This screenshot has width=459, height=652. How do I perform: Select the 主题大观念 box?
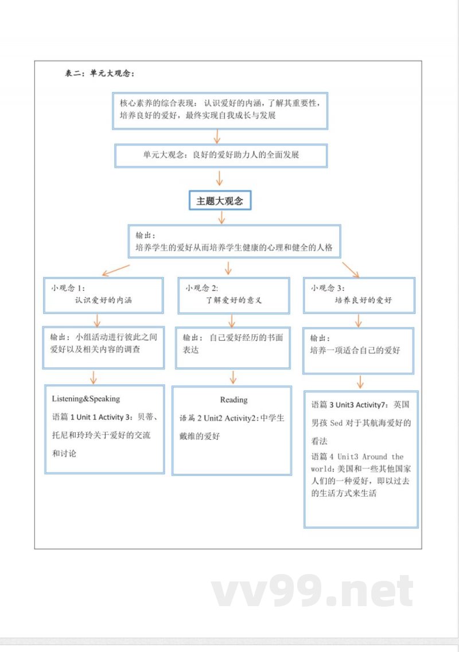(220, 201)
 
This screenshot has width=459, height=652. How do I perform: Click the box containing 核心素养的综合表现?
(220, 110)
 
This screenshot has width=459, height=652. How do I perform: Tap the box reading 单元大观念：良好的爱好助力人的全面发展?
(221, 155)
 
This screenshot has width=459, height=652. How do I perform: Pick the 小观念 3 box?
(359, 294)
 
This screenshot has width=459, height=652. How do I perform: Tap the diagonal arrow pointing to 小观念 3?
(351, 269)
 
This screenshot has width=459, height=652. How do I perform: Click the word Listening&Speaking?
(86, 399)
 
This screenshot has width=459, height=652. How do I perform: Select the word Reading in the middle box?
(234, 400)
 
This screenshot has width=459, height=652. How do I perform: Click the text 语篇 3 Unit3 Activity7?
(351, 405)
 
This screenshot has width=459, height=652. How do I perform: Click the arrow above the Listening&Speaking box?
(94, 377)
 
